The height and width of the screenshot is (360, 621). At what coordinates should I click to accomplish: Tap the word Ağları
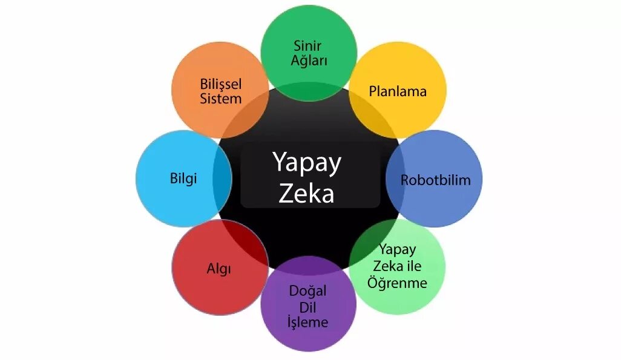[x=309, y=61]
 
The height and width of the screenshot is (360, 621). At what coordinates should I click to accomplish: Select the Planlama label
[x=398, y=91]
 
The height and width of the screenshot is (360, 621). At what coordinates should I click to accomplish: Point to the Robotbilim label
[x=435, y=180]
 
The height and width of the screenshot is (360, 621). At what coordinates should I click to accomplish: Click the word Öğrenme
[x=397, y=283]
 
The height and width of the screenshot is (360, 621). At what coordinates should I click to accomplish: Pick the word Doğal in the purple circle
[x=307, y=291]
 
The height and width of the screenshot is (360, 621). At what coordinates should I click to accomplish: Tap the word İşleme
[x=307, y=322]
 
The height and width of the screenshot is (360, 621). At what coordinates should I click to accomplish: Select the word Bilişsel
[x=220, y=83]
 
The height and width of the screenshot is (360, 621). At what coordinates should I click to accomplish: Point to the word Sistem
[x=220, y=99]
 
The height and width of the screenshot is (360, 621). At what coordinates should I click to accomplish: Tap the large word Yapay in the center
[x=307, y=162]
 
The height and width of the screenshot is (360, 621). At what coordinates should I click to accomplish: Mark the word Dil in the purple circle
[x=307, y=307]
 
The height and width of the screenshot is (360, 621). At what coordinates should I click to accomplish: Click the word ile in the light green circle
[x=415, y=266]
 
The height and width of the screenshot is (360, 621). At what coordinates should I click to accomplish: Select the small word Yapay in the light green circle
[x=397, y=249]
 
